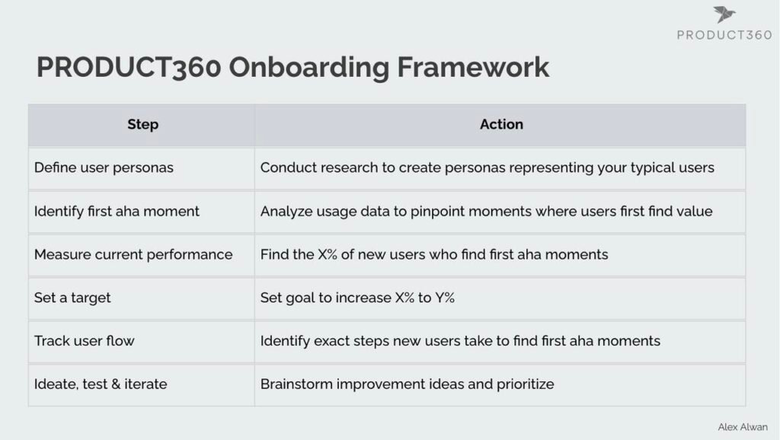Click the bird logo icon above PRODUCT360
point(724,14)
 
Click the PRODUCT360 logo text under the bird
point(724,35)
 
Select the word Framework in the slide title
point(473,67)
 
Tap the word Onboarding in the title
point(309,68)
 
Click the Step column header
point(142,124)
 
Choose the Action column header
point(501,124)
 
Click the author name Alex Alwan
point(742,427)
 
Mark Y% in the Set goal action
point(445,298)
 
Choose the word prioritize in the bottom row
point(526,385)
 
